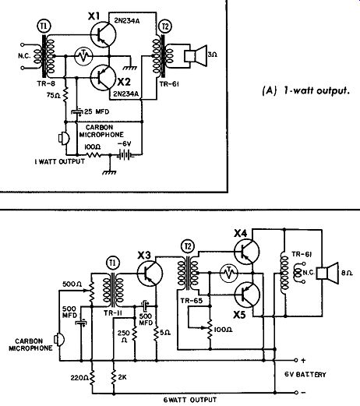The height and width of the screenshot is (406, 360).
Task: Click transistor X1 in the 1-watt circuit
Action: tap(103, 34)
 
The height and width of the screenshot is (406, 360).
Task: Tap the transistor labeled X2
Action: tap(103, 78)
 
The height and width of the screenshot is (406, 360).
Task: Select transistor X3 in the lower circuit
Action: tap(150, 274)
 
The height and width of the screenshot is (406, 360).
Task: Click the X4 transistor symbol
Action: tap(247, 252)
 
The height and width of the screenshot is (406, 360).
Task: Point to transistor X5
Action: tap(247, 295)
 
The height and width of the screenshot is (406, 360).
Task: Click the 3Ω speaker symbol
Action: tap(196, 55)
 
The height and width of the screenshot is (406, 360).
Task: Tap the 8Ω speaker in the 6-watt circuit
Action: tap(327, 274)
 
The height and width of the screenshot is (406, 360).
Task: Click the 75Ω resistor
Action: tap(65, 94)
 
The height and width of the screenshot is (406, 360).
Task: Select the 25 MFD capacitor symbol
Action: tap(76, 112)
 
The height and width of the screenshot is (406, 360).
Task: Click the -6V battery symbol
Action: tap(125, 155)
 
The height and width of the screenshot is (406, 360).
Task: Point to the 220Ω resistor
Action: tap(92, 377)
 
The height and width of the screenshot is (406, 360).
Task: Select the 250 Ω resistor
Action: tap(135, 334)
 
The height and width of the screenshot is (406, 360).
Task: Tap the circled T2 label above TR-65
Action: tap(188, 246)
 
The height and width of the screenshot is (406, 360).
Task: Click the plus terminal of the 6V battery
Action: tap(296, 360)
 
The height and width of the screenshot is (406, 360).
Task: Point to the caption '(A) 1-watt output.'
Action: tap(305, 90)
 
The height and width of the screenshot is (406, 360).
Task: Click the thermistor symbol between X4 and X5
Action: tap(229, 273)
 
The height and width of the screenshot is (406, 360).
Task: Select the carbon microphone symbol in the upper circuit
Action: tap(64, 138)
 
